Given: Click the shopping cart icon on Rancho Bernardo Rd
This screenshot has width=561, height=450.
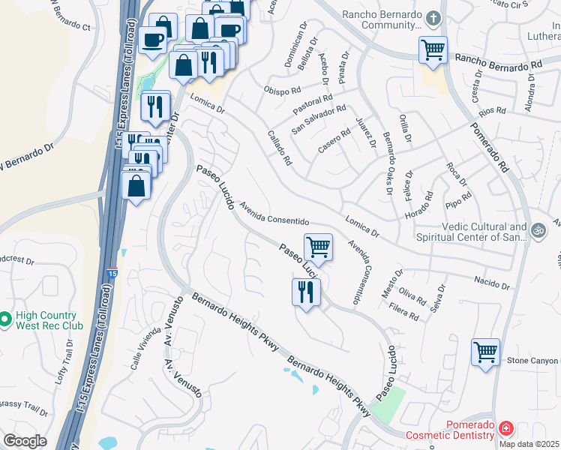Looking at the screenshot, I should (433, 50).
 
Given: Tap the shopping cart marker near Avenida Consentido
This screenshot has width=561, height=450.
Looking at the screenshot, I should (319, 247).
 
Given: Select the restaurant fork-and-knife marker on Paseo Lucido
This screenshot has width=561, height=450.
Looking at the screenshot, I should (305, 291).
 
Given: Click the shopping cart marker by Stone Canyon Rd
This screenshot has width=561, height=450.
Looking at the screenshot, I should (485, 351).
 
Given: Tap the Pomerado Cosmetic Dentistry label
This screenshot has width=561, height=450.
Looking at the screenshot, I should (450, 430).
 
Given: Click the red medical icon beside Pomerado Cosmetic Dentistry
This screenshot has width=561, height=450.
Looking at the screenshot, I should (507, 429).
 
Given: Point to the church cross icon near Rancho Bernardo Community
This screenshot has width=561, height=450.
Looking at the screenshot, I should (433, 17).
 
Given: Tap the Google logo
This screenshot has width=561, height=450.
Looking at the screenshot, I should (25, 441).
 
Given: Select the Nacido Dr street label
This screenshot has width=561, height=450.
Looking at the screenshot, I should (491, 284).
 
